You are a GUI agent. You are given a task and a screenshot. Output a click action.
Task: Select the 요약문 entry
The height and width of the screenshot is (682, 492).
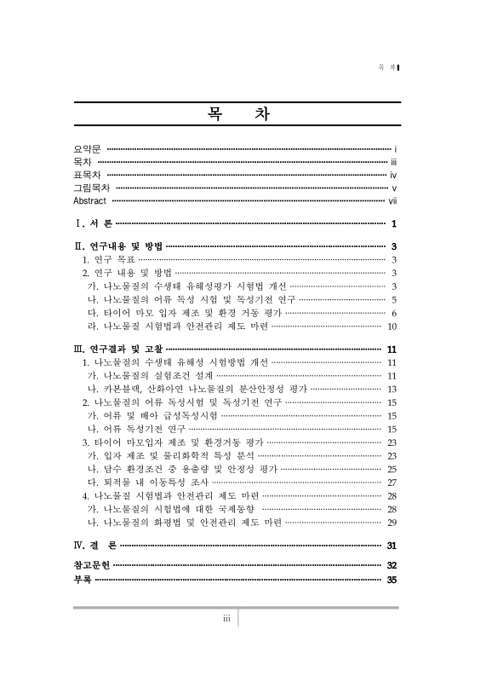point(87,148)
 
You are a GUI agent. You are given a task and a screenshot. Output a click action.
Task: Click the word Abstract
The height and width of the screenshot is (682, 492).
point(90,200)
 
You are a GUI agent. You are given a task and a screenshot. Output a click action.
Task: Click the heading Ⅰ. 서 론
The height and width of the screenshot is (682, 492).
point(94,224)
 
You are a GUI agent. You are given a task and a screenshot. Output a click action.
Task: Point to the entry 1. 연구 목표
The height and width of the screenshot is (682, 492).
point(108,259)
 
